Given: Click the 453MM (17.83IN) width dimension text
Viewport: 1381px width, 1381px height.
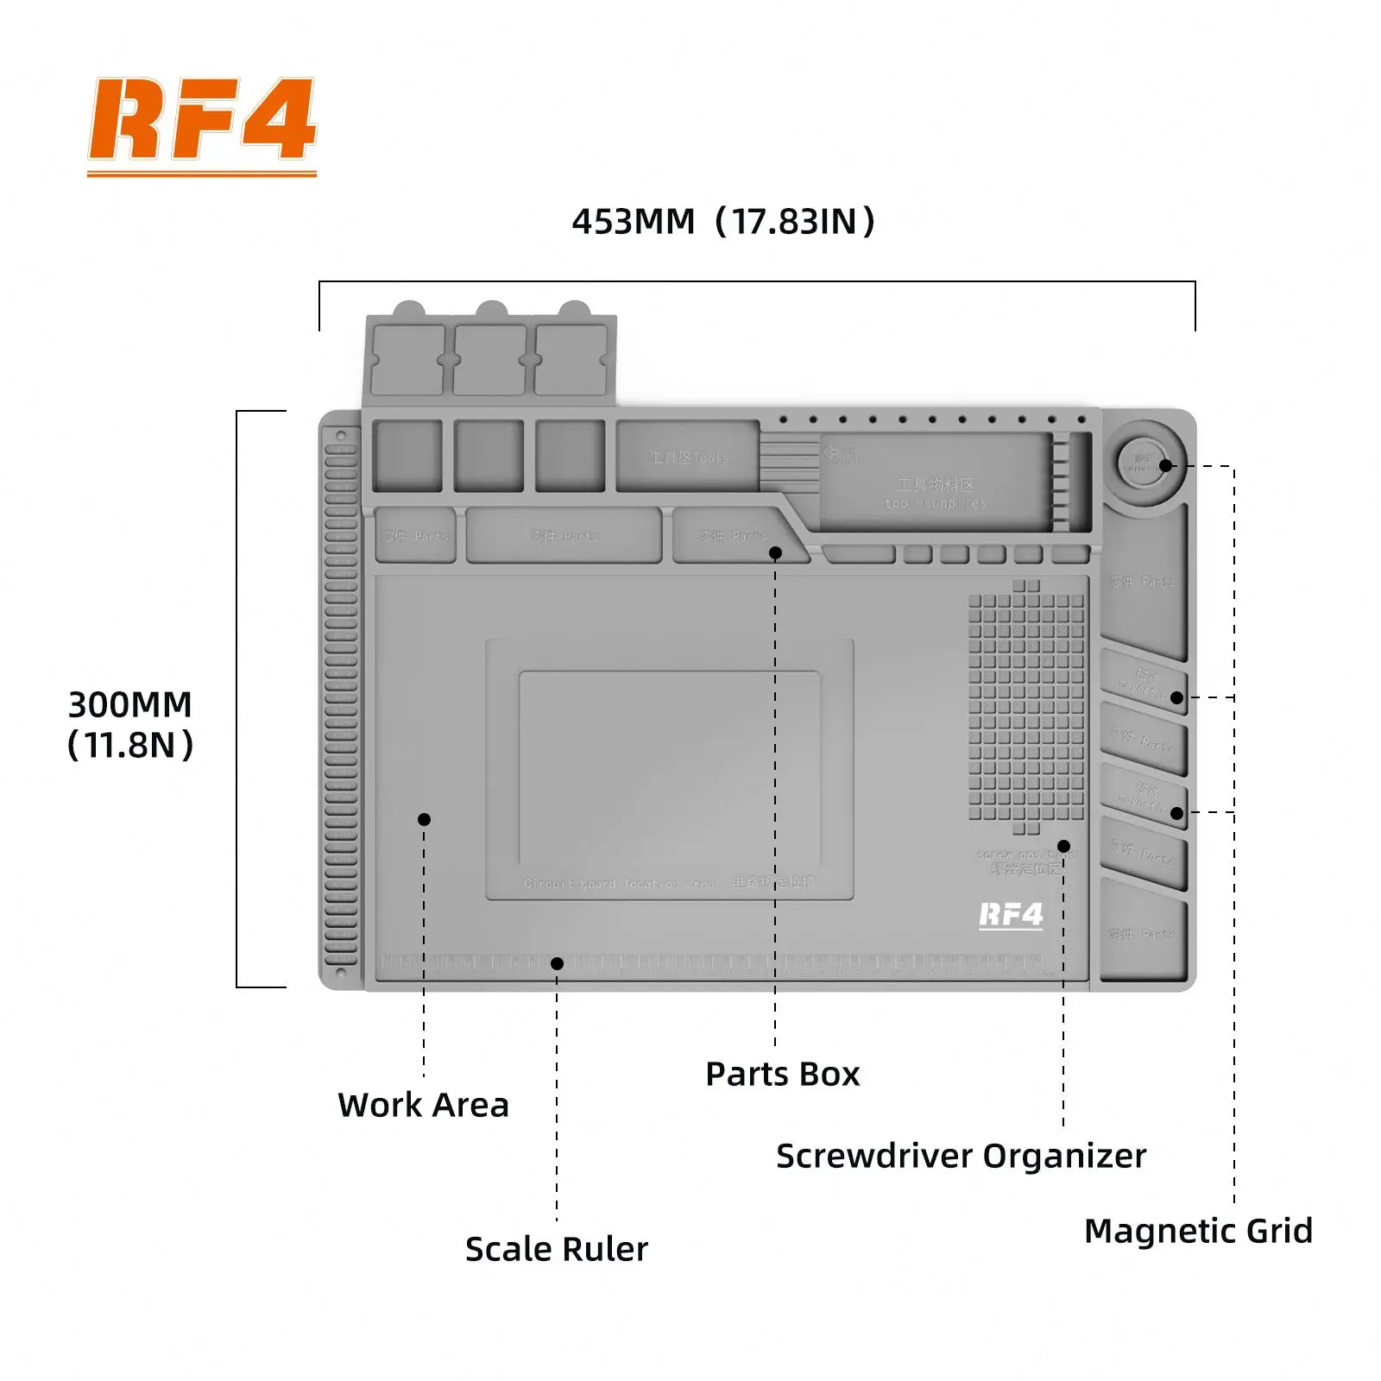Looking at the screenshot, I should [x=723, y=222].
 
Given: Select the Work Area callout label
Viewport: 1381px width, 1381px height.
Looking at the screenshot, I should [x=423, y=1105].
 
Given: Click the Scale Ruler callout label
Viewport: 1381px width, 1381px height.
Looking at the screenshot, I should [x=556, y=1249].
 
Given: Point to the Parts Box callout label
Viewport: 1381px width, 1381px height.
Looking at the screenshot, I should [x=782, y=1074].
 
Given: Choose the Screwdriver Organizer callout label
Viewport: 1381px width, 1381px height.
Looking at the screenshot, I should [x=961, y=1156].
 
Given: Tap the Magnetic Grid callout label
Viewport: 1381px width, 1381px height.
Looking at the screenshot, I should [x=1197, y=1230].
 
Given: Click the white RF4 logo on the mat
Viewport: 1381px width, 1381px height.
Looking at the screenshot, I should [x=1011, y=915].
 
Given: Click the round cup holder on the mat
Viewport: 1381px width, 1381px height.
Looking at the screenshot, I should [x=1145, y=463].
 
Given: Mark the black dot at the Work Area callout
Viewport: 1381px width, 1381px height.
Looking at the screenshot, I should [x=424, y=819].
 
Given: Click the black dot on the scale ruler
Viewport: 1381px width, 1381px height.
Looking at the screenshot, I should [x=557, y=963].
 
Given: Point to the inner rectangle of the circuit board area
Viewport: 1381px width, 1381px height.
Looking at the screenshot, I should [x=669, y=768].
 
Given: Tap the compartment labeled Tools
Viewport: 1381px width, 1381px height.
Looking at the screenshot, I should [x=688, y=457].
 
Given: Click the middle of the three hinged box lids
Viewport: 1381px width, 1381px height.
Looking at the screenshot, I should [x=489, y=359].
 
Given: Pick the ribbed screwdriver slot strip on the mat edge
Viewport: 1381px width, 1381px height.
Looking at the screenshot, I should [x=341, y=699].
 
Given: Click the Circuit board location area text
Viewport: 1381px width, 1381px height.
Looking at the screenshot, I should [x=619, y=884].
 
